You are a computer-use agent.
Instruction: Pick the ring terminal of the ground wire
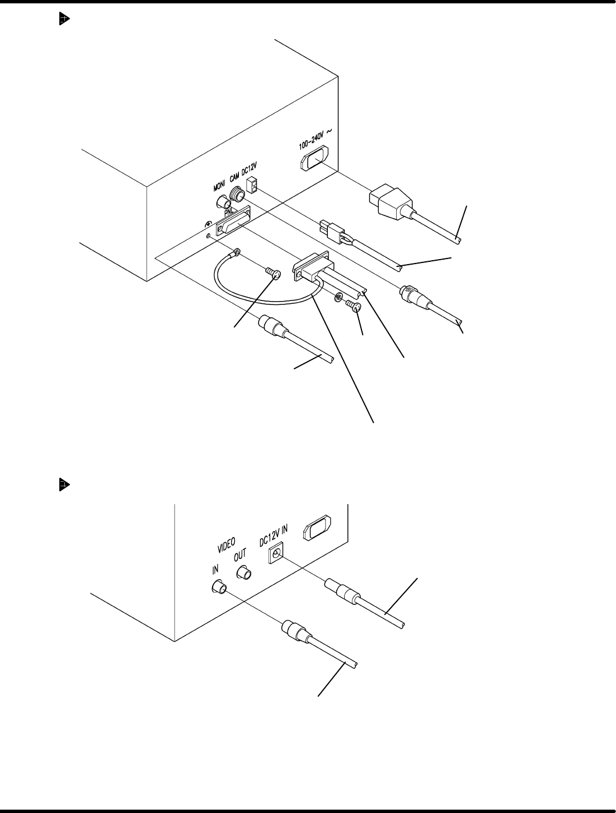pos(237,253)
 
